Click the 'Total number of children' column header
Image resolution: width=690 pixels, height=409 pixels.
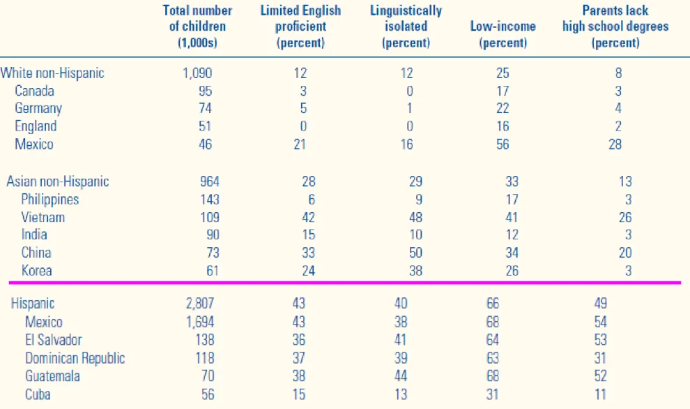(x=197, y=27)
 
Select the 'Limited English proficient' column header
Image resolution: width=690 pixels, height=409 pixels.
(x=300, y=27)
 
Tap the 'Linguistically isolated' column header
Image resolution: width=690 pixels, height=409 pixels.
(x=406, y=27)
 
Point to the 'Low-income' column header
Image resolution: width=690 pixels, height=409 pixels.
(x=503, y=34)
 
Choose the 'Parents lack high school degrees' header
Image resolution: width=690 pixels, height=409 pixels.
(x=615, y=27)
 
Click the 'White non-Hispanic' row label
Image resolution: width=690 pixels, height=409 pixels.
(x=52, y=73)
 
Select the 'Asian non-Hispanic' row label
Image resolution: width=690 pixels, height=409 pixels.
(x=58, y=181)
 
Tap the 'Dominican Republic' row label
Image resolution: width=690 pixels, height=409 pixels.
(x=75, y=358)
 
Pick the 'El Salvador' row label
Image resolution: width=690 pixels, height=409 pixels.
(x=53, y=340)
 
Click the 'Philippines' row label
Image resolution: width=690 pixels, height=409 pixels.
(x=50, y=200)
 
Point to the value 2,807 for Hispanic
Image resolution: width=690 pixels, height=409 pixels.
(x=200, y=304)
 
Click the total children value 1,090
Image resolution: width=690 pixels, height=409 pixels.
(x=197, y=73)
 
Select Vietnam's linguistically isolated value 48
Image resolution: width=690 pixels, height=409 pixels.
(x=415, y=217)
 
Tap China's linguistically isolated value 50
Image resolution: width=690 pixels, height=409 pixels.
(x=415, y=253)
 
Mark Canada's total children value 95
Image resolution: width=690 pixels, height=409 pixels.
(x=205, y=91)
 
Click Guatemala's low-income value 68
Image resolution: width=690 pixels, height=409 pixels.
(x=493, y=376)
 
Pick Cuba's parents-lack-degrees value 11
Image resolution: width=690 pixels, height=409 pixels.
(x=600, y=394)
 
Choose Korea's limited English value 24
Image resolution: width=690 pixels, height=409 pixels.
(x=308, y=271)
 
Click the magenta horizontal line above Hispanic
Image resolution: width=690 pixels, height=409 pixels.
(x=345, y=282)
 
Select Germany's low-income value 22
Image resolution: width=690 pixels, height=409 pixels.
(x=503, y=108)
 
